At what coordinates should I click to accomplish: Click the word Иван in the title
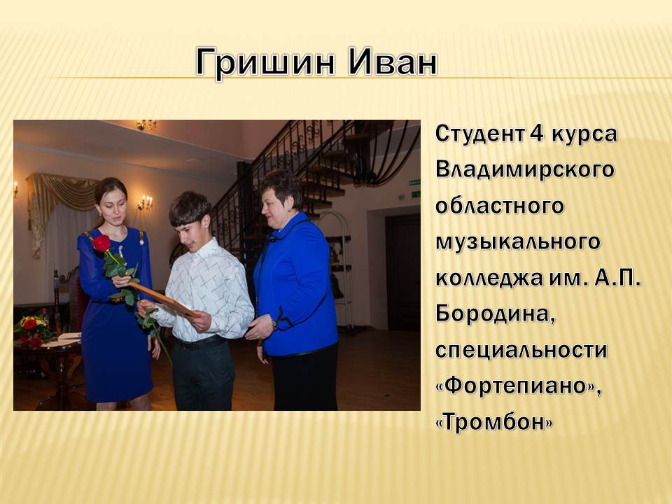point(393,62)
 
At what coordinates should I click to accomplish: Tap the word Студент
point(479,134)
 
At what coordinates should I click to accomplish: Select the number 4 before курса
point(537,134)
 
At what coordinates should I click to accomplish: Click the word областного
point(500,206)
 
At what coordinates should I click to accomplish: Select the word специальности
point(521,351)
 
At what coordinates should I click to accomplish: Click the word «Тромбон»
point(494,422)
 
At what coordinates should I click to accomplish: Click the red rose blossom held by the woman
point(101,244)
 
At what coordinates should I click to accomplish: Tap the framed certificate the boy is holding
point(164,300)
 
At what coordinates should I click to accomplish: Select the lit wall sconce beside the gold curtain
point(146,202)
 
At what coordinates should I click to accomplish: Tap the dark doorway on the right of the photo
point(402,272)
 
